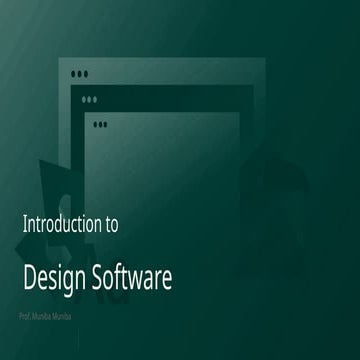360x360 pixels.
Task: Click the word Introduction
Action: pyautogui.click(x=61, y=224)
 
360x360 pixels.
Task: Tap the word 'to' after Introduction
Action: pyautogui.click(x=110, y=224)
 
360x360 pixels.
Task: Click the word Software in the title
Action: pyautogui.click(x=131, y=277)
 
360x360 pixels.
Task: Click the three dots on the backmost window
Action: pyautogui.click(x=80, y=74)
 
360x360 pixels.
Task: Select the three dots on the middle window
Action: pyautogui.click(x=90, y=99)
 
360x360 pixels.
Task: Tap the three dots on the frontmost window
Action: pyautogui.click(x=100, y=124)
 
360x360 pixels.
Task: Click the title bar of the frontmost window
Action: pyautogui.click(x=170, y=124)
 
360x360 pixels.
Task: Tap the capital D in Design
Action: pyautogui.click(x=29, y=277)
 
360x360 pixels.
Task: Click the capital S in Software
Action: pyautogui.click(x=97, y=277)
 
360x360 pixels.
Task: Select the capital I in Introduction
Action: pyautogui.click(x=24, y=224)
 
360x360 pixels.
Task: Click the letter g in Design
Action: pyautogui.click(x=62, y=280)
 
